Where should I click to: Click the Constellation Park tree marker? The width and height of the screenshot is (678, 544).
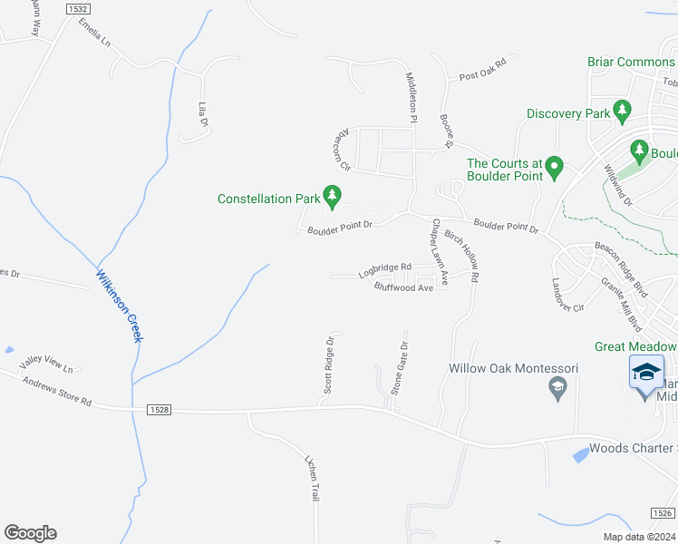click(333, 195)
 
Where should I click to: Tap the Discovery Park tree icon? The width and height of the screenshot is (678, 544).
click(622, 112)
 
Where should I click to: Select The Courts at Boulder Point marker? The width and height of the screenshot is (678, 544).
click(555, 168)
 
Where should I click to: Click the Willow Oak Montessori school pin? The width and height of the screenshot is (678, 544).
click(558, 389)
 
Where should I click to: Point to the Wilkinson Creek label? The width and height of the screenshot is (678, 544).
click(120, 306)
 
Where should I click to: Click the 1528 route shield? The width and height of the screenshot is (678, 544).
click(154, 411)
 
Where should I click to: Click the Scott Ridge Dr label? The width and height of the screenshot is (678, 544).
click(330, 367)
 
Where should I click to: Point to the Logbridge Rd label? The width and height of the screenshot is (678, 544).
click(384, 269)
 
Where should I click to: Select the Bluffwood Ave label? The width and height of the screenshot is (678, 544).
click(403, 287)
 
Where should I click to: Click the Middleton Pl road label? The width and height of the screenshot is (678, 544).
click(411, 98)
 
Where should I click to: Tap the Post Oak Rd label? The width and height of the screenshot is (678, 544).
click(480, 78)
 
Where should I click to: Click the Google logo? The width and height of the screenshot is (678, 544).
click(30, 533)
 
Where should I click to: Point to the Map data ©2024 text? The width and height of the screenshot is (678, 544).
click(639, 537)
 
